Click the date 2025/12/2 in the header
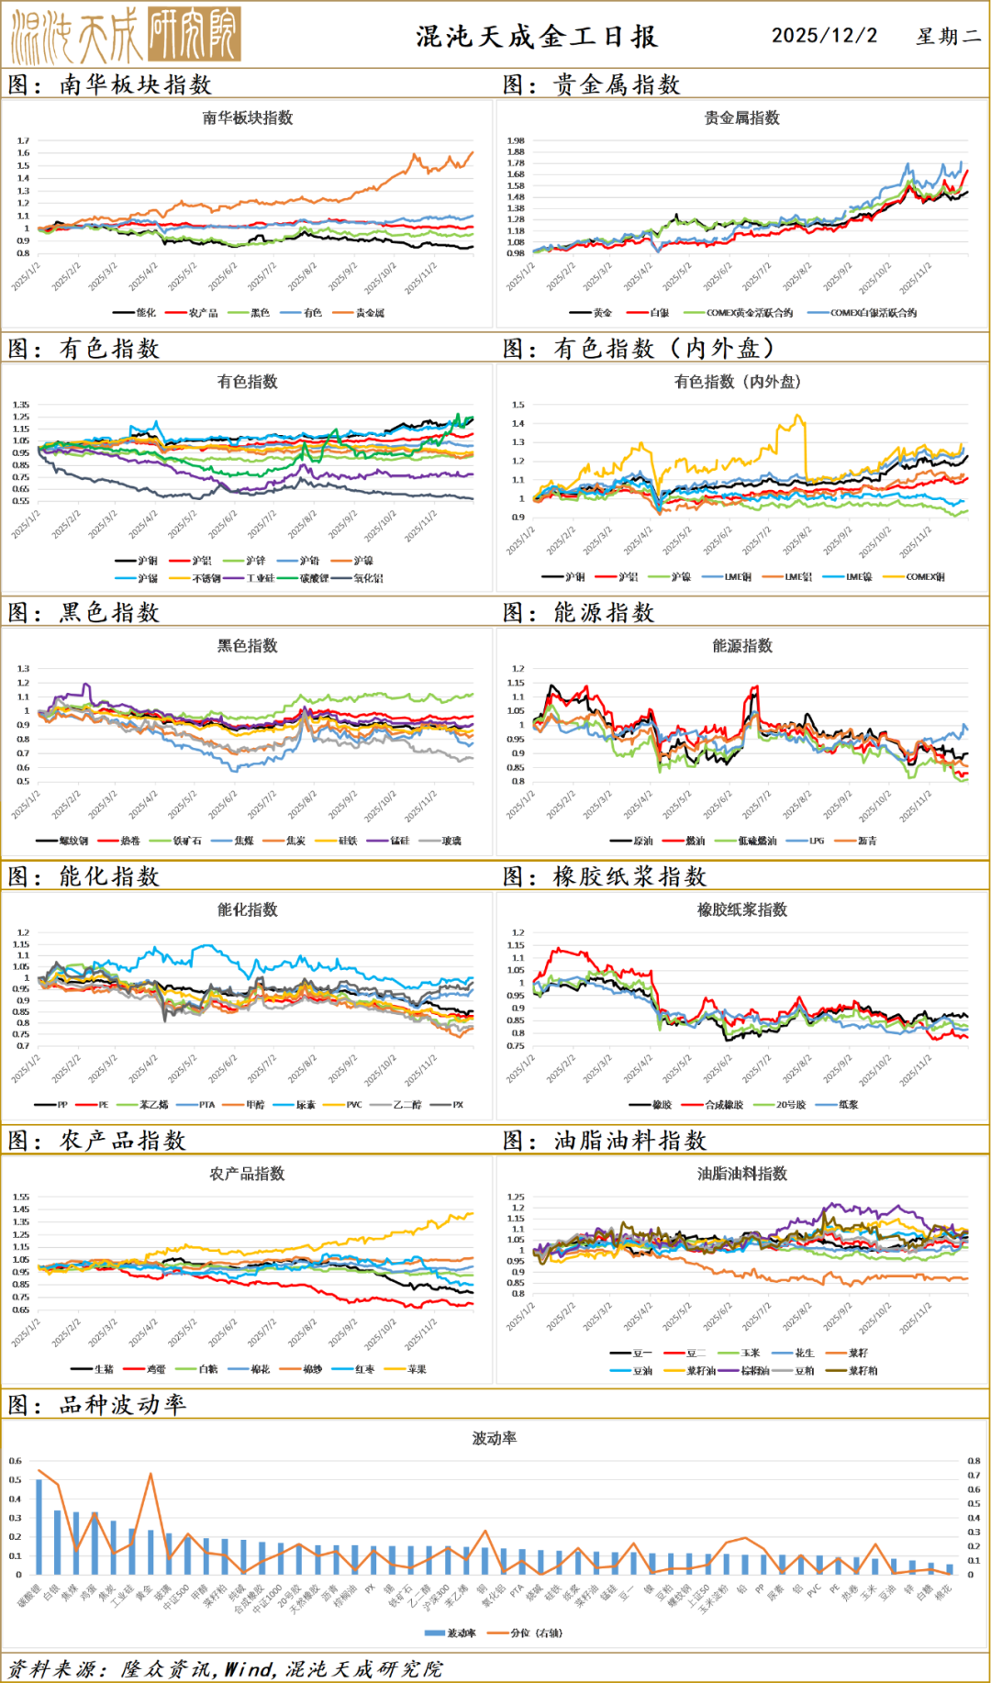(x=824, y=36)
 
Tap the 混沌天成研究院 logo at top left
(x=126, y=35)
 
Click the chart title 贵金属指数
(x=741, y=117)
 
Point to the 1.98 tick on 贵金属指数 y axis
(x=516, y=141)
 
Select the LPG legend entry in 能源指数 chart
(x=816, y=841)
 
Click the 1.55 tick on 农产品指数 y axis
(x=21, y=1197)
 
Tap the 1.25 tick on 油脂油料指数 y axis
(x=517, y=1197)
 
